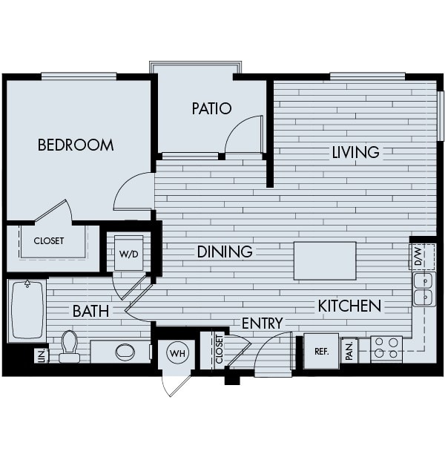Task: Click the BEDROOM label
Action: tap(76, 145)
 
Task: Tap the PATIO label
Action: tap(211, 108)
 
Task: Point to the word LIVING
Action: tap(355, 153)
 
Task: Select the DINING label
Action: tap(225, 252)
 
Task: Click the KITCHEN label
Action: tap(349, 306)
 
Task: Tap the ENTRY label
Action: tap(263, 323)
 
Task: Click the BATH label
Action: tap(90, 311)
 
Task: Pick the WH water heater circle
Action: tap(178, 353)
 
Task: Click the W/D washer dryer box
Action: tap(129, 253)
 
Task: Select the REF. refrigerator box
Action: tap(321, 351)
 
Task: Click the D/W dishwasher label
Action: tap(418, 257)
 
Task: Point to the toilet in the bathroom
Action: tap(70, 346)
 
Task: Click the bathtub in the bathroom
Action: tap(27, 310)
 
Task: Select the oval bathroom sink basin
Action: tap(125, 352)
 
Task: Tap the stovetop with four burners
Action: tap(386, 349)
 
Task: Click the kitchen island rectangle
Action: tap(325, 261)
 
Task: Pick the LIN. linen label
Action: tap(43, 356)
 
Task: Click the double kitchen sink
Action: tap(424, 289)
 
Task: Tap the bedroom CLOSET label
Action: tap(49, 241)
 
